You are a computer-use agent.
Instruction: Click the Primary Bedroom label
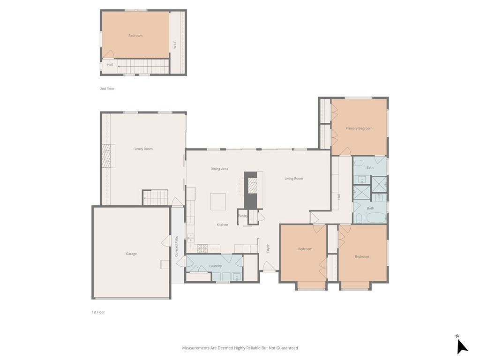pyautogui.click(x=359, y=128)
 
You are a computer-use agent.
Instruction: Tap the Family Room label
pyautogui.click(x=143, y=149)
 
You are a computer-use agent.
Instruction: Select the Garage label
pyautogui.click(x=131, y=254)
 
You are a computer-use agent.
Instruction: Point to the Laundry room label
pyautogui.click(x=216, y=266)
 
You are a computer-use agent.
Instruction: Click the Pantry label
pyautogui.click(x=242, y=216)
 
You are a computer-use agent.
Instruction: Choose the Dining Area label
pyautogui.click(x=219, y=169)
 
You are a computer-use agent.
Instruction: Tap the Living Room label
pyautogui.click(x=294, y=179)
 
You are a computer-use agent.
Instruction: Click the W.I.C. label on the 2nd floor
pyautogui.click(x=175, y=44)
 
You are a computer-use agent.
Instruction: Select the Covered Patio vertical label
pyautogui.click(x=177, y=246)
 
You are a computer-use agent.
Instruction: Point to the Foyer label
pyautogui.click(x=268, y=248)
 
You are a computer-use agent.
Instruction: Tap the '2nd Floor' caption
pyautogui.click(x=107, y=89)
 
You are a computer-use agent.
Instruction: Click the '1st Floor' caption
pyautogui.click(x=98, y=312)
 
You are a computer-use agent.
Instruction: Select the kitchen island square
pyautogui.click(x=217, y=202)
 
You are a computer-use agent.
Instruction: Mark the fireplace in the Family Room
pyautogui.click(x=108, y=156)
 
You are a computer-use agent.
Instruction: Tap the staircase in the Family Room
pyautogui.click(x=155, y=197)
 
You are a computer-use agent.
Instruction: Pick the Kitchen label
pyautogui.click(x=222, y=225)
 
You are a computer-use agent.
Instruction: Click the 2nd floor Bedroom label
pyautogui.click(x=135, y=36)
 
